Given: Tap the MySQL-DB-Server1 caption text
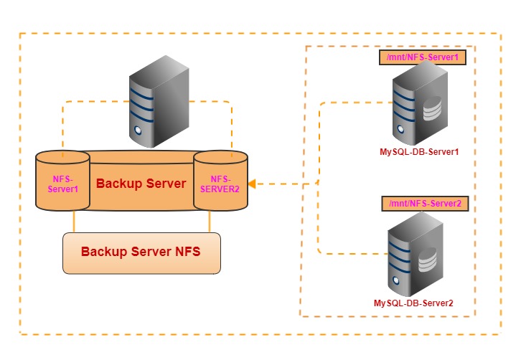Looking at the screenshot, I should click(x=419, y=152).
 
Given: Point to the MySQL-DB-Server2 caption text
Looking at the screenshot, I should click(x=413, y=303).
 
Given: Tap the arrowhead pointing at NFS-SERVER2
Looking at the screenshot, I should click(x=252, y=184).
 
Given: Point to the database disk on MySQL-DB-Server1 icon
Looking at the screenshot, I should click(x=431, y=112).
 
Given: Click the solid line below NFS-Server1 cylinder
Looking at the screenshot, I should click(x=75, y=222).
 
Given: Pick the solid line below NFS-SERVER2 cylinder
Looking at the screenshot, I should click(x=210, y=222).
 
